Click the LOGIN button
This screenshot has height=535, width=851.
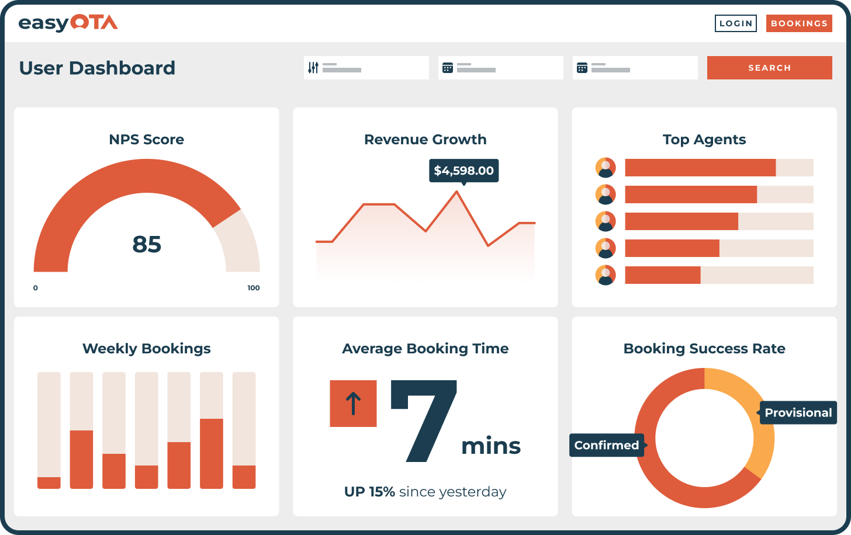735,23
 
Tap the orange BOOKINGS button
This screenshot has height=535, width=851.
798,23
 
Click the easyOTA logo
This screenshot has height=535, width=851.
68,23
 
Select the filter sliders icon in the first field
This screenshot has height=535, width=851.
313,68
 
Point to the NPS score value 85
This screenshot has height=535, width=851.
147,244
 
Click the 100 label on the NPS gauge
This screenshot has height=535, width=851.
253,288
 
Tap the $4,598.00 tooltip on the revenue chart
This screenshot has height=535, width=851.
463,171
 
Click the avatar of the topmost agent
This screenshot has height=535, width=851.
606,168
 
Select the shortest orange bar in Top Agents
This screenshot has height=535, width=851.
662,275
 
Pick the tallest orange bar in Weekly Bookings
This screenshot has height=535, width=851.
212,453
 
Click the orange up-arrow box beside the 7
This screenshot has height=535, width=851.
353,404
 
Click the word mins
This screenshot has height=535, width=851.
490,446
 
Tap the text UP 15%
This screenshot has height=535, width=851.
369,492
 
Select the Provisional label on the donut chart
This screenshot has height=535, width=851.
798,412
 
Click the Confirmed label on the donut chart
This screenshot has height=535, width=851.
607,445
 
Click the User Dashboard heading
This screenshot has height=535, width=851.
97,68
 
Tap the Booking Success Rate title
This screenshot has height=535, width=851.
704,349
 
